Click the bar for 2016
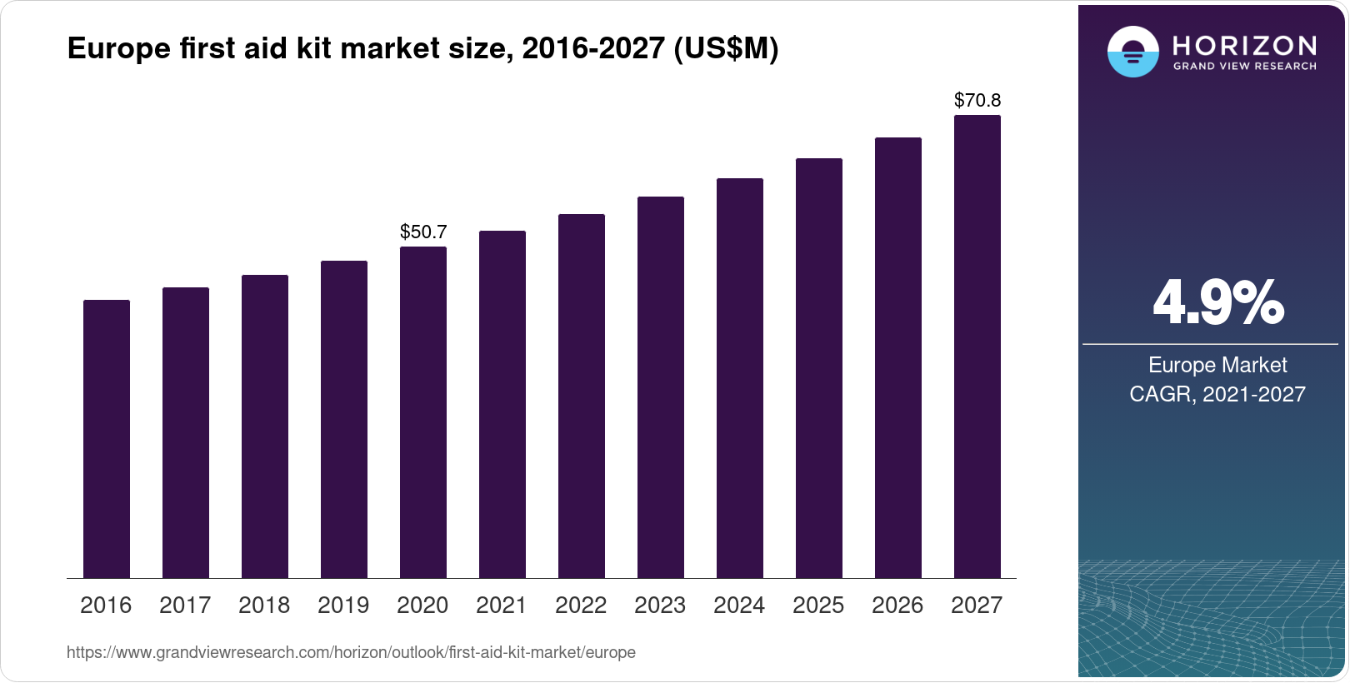[107, 439]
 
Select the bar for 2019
[344, 419]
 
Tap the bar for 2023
[661, 387]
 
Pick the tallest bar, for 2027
[977, 346]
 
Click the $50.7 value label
[423, 232]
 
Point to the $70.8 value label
[977, 101]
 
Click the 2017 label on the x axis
[185, 605]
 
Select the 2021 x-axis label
[502, 605]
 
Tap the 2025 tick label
[818, 605]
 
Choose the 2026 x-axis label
[897, 605]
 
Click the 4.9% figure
[1217, 303]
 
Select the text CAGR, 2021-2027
[1217, 394]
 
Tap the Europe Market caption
[1217, 365]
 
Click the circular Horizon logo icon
[1132, 52]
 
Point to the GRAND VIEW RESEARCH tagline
[1244, 66]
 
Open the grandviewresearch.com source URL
[351, 652]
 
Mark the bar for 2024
[740, 378]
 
